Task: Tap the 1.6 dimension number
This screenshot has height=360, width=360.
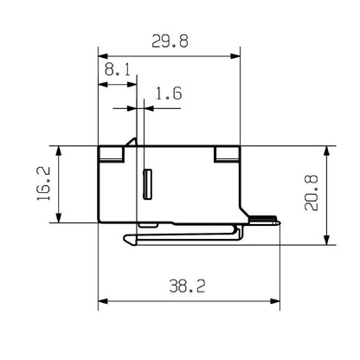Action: pos(168,94)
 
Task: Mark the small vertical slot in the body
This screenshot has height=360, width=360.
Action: pos(146,183)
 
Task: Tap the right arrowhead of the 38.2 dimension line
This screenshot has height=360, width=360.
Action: pos(277,302)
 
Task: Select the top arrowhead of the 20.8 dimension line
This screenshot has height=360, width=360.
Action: pos(326,149)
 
